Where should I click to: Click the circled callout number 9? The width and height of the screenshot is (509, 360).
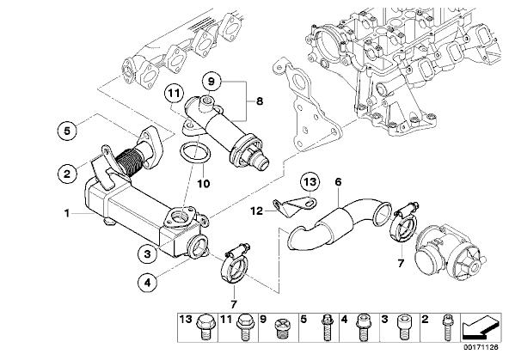(212, 82)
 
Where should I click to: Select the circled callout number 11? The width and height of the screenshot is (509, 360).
(174, 94)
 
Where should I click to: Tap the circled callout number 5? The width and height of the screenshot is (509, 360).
(67, 131)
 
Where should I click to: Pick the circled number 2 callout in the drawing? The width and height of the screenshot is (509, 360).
(67, 174)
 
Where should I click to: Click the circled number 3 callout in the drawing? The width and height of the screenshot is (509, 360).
(147, 253)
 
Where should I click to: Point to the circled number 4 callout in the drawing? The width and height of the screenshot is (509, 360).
(147, 283)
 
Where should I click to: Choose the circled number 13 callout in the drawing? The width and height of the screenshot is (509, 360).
(310, 182)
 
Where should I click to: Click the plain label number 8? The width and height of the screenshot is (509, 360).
(260, 101)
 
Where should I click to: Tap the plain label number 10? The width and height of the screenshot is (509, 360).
(204, 184)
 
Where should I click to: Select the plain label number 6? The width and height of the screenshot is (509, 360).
(338, 182)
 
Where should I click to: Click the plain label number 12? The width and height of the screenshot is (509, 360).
(256, 211)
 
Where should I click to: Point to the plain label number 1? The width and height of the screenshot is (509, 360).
(67, 213)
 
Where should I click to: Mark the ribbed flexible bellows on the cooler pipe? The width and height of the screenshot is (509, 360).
(128, 162)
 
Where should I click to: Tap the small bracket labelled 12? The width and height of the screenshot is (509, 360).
(294, 206)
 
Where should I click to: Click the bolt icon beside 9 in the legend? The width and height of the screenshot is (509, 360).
(281, 328)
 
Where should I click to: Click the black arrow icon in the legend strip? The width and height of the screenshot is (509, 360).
(481, 326)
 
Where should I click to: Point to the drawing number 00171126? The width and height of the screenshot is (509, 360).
(481, 347)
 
